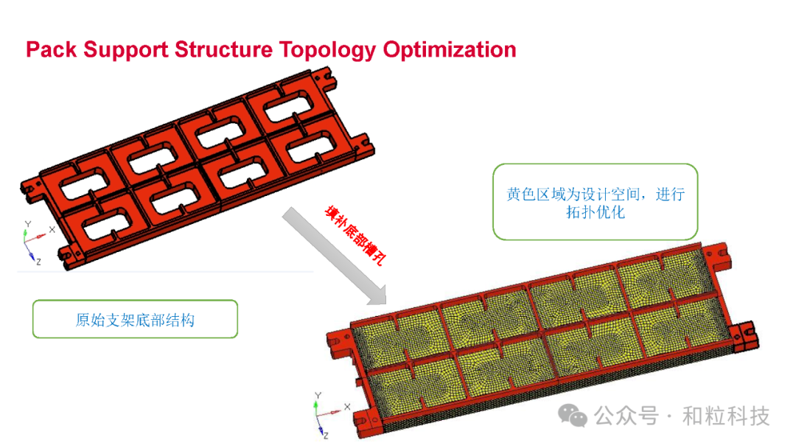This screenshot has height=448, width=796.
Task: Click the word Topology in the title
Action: (329, 50)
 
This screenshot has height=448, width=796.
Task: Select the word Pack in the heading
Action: (52, 50)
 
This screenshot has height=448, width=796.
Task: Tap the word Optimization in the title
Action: (450, 50)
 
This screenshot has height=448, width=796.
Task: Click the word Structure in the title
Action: (224, 50)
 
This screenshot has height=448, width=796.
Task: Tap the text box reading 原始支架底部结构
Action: (135, 319)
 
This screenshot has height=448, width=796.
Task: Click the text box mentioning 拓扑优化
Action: (595, 202)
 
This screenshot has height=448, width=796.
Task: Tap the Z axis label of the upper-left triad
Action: (38, 261)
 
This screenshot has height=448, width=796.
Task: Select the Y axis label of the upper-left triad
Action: (27, 223)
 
